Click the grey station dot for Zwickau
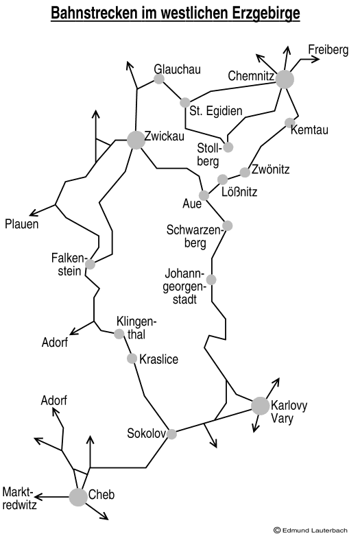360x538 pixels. [136, 140]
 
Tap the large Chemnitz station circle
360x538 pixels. [285, 80]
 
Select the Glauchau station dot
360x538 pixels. [159, 79]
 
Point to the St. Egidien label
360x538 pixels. [216, 111]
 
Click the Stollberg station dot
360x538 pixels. [228, 147]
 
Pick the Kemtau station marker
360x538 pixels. [290, 123]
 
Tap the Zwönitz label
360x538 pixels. [270, 169]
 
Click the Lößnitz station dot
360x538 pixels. [222, 179]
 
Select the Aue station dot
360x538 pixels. [204, 195]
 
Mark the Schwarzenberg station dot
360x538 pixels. [227, 225]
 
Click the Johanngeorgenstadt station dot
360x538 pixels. [211, 280]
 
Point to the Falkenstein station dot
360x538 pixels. [90, 264]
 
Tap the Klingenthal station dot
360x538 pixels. [119, 334]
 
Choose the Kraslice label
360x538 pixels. [158, 359]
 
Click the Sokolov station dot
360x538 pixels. [171, 434]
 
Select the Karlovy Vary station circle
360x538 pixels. [260, 406]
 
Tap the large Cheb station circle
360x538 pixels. [78, 497]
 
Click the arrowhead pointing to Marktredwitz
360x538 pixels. [38, 497]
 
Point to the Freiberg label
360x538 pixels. [328, 50]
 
